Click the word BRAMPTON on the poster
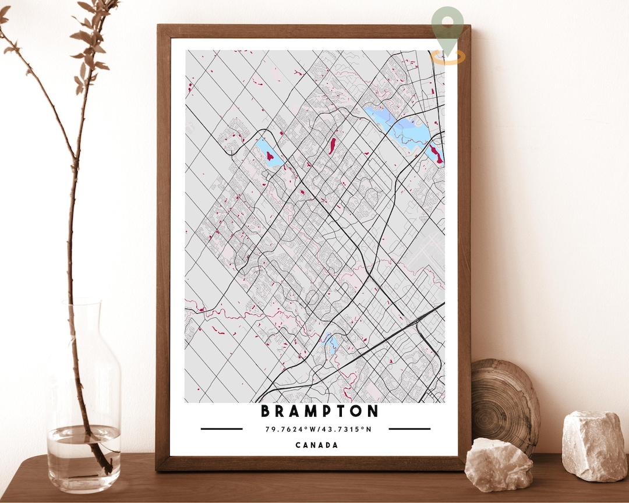pos(319,412)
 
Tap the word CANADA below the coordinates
pos(316,445)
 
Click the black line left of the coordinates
pos(221,429)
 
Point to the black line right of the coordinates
pos(409,429)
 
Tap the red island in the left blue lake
pos(270,155)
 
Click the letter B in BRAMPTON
pos(266,412)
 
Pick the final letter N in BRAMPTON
pos(373,412)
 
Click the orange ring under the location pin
pos(448,57)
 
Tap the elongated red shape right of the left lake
pos(331,146)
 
